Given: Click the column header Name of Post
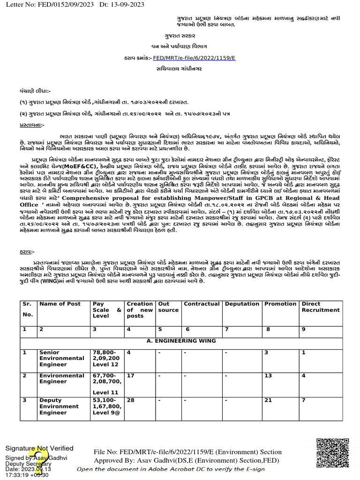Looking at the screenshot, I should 60,304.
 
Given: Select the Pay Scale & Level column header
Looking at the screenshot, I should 107,310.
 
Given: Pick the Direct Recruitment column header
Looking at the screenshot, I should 321,307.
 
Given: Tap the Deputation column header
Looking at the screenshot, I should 242,304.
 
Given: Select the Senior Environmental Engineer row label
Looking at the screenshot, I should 62,358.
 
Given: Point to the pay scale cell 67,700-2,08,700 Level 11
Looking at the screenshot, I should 106,384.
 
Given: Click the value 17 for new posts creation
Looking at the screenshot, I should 131,376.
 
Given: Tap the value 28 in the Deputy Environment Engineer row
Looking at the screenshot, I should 131,400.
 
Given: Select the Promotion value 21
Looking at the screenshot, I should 269,400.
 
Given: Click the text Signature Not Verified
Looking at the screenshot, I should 39,448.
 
